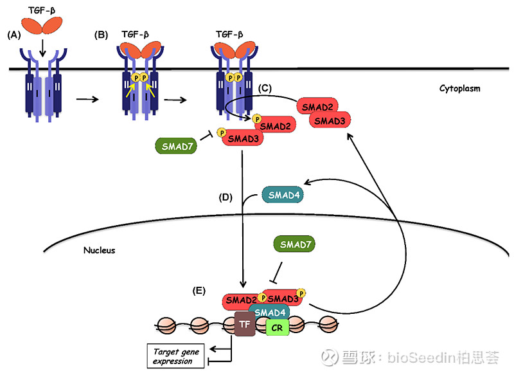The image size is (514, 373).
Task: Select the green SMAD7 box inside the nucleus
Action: coord(295,245)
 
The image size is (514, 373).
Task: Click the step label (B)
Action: coord(102,36)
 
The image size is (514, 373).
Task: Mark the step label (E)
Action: coord(199,291)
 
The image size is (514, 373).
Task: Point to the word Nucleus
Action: coord(100,250)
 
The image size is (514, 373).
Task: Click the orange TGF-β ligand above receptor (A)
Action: coord(44,26)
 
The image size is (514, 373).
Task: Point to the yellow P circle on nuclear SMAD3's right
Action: coord(301,293)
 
